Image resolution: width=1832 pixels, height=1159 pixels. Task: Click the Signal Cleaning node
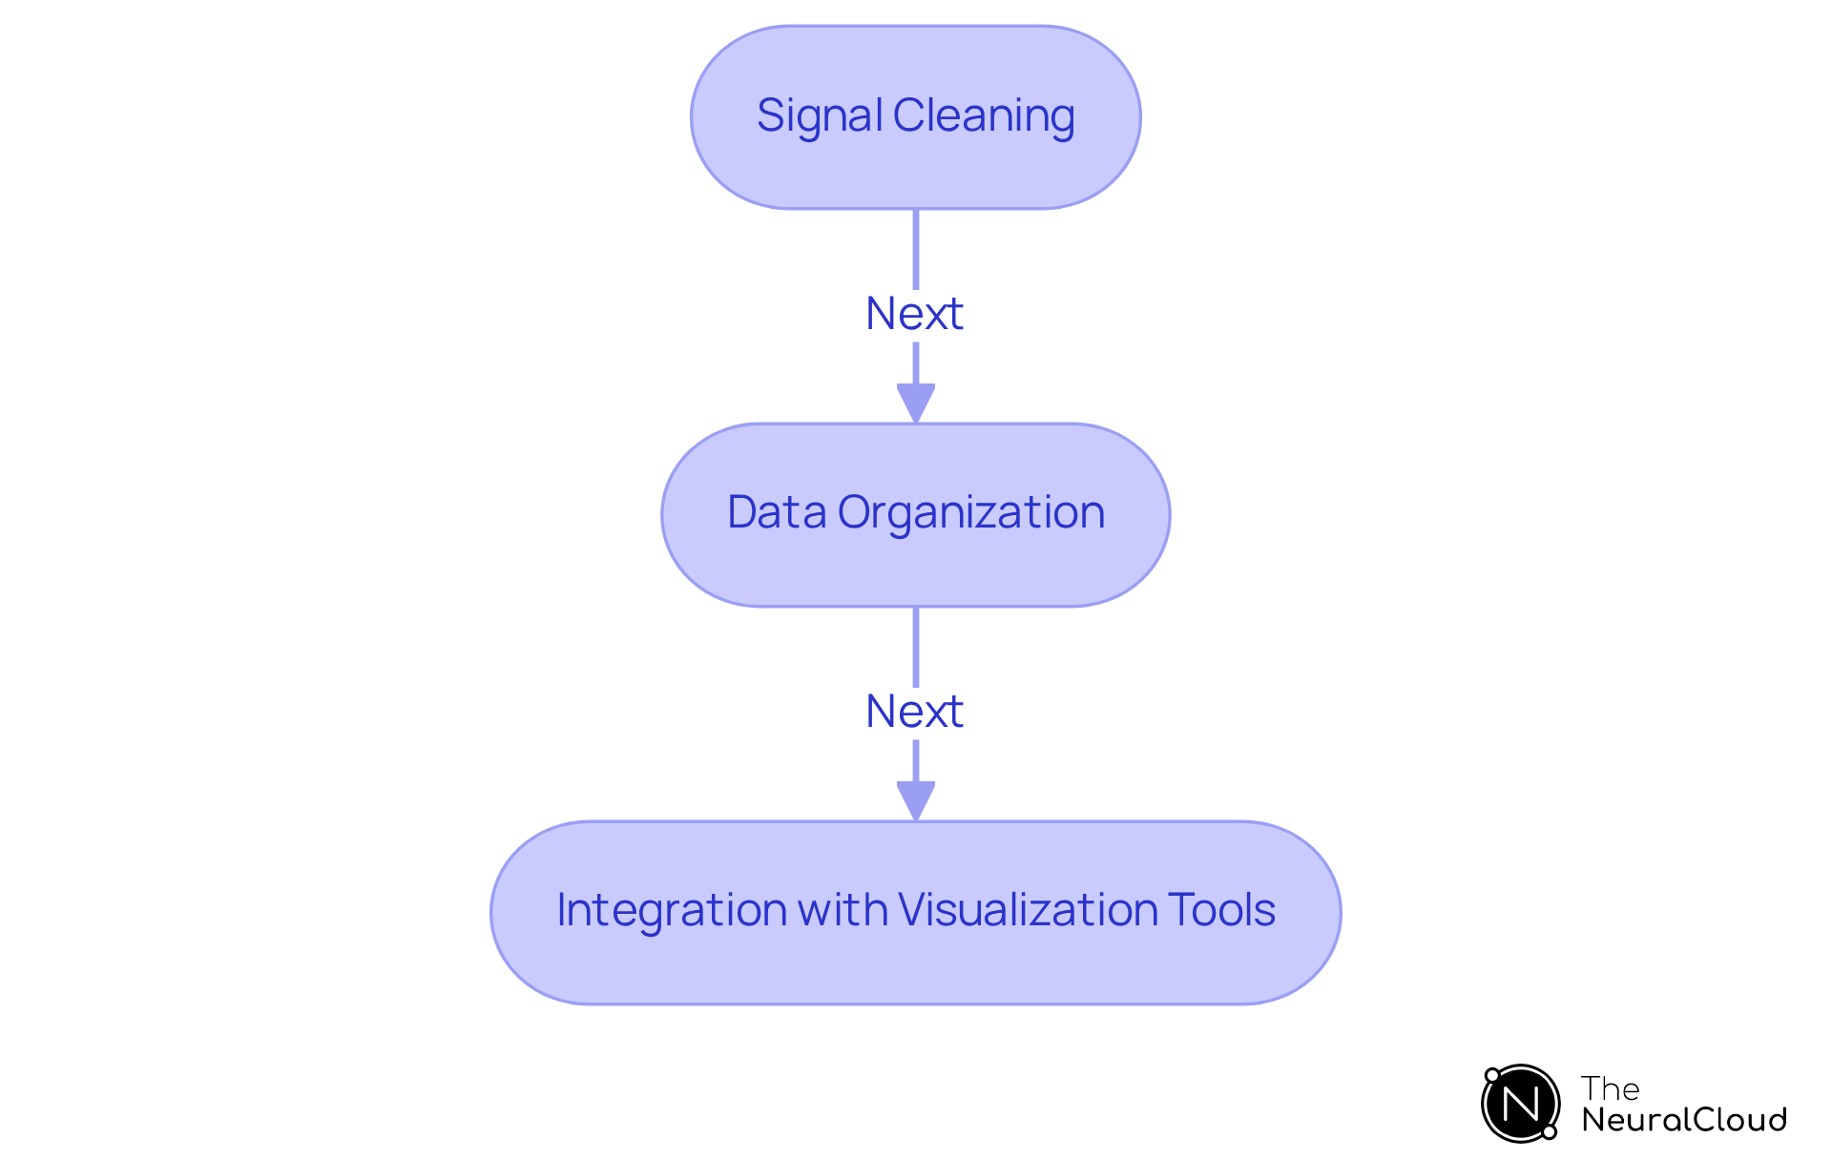(x=916, y=117)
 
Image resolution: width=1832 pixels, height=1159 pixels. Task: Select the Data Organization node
(x=916, y=515)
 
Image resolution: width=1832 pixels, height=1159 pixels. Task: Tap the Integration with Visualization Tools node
(x=916, y=913)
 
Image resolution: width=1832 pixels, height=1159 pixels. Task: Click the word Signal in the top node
(x=820, y=117)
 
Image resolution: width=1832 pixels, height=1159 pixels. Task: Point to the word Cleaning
(x=984, y=117)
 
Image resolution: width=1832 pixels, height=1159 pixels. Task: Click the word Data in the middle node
(x=777, y=512)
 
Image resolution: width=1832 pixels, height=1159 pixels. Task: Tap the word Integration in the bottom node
(x=673, y=911)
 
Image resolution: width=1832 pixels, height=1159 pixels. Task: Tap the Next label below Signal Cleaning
(x=914, y=314)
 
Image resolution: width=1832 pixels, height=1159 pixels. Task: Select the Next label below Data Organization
(x=914, y=712)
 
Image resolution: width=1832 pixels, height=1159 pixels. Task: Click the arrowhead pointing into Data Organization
(x=916, y=404)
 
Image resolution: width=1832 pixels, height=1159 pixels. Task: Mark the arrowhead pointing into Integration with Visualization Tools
(x=916, y=801)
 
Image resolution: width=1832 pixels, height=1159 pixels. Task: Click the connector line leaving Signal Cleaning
(x=916, y=298)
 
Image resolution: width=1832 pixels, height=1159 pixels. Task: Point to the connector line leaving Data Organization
(x=916, y=695)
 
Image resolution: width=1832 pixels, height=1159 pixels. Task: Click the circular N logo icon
(x=1520, y=1104)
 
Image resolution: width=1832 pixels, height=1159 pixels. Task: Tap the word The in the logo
(x=1610, y=1088)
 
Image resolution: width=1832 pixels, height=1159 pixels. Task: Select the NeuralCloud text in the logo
(x=1684, y=1119)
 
